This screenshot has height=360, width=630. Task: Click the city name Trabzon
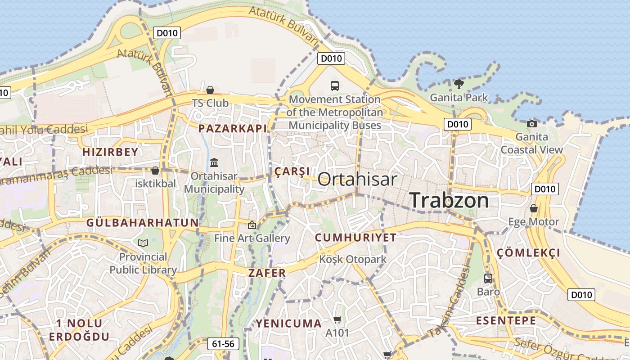coord(449,200)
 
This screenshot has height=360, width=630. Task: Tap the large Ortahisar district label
coord(357,179)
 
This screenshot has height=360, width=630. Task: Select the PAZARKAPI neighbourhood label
coord(233,128)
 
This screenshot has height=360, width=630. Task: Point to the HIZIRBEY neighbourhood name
coord(110,152)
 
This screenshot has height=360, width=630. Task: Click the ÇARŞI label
coord(292,171)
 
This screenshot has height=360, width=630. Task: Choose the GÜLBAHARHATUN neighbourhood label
coord(142,222)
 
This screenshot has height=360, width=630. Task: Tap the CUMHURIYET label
coord(355,238)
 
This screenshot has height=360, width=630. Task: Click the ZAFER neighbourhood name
coord(267,273)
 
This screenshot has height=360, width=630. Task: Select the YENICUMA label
coord(289,323)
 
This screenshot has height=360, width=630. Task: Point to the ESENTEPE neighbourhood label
coord(506,321)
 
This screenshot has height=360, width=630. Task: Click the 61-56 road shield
coord(223,344)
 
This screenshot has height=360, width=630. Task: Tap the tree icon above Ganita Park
coord(459,84)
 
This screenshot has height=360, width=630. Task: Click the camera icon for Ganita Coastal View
coord(532,124)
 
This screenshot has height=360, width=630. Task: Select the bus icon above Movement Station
coord(334,85)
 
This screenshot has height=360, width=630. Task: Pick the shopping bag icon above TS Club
coord(210,90)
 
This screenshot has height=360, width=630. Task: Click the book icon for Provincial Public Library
coord(143,243)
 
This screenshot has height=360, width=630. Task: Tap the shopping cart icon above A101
coord(337,319)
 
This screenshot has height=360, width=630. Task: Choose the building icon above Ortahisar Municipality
coord(214,162)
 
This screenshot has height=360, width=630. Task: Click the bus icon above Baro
coord(488,279)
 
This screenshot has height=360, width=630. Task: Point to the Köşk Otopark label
coord(353,259)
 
